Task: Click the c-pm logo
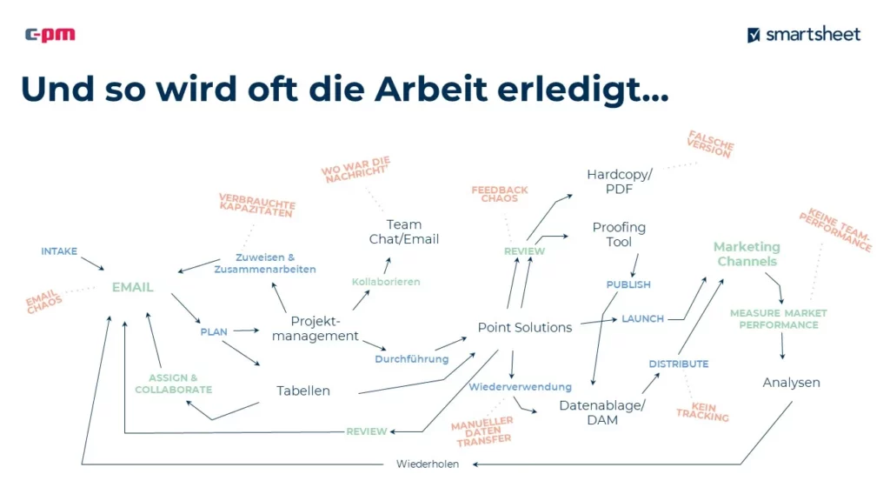point(50,35)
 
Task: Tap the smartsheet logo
point(804,35)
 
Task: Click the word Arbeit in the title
point(430,89)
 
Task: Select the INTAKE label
point(59,251)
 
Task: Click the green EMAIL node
point(132,287)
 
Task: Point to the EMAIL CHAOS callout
point(43,301)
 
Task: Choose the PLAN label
point(214,331)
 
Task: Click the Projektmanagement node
point(315,328)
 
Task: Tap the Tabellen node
point(303,391)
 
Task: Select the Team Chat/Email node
point(404,231)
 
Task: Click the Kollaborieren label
point(386,282)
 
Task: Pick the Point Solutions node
point(525,328)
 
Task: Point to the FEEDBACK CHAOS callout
point(500,194)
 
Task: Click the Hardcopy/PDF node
point(619,181)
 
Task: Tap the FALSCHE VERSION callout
point(710,144)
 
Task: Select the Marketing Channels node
point(747,254)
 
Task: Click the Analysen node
point(791,383)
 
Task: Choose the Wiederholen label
point(428,464)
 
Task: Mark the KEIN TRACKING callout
point(702,411)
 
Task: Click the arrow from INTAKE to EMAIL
point(92,264)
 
